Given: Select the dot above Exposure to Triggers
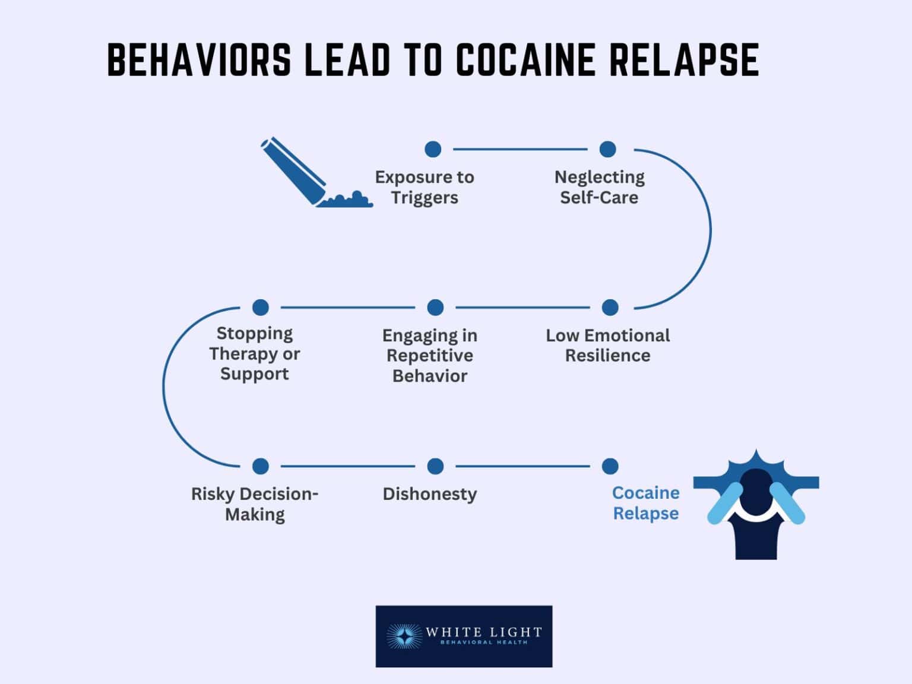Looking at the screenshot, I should point(433,149).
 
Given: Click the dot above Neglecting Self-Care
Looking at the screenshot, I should point(607,149).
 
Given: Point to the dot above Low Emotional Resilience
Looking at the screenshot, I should point(610,308).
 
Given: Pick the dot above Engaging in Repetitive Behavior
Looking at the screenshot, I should point(435,308).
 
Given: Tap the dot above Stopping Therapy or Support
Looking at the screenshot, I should point(261,308).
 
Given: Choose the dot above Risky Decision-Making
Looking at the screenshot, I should point(261,466).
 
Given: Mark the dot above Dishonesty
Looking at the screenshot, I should point(435,466).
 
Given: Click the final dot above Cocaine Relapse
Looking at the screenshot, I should point(610,466).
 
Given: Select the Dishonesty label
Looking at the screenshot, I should point(430,494).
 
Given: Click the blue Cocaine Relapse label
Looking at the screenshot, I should point(645,503).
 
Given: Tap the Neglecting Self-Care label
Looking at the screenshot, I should point(599,187).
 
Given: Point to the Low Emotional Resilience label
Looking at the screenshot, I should point(607,346).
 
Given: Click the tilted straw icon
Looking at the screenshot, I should point(294,170).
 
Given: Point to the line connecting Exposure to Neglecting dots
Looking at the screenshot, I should point(520,149).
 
